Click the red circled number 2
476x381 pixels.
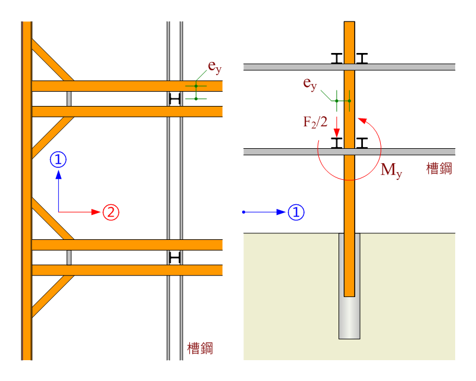[111, 212]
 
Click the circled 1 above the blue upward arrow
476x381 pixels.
[58, 159]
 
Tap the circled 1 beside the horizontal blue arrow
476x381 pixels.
[296, 212]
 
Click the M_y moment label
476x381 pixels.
[391, 170]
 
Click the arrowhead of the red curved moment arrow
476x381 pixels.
[361, 120]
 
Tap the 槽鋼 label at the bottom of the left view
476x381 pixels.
[200, 348]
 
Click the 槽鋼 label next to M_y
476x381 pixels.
[439, 169]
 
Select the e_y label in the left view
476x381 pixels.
[214, 67]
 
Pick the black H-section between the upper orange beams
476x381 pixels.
[174, 99]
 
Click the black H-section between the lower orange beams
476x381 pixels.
[174, 257]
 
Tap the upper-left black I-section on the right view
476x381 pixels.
[337, 58]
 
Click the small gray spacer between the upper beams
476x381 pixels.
[69, 99]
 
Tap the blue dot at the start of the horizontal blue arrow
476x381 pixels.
[244, 212]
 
